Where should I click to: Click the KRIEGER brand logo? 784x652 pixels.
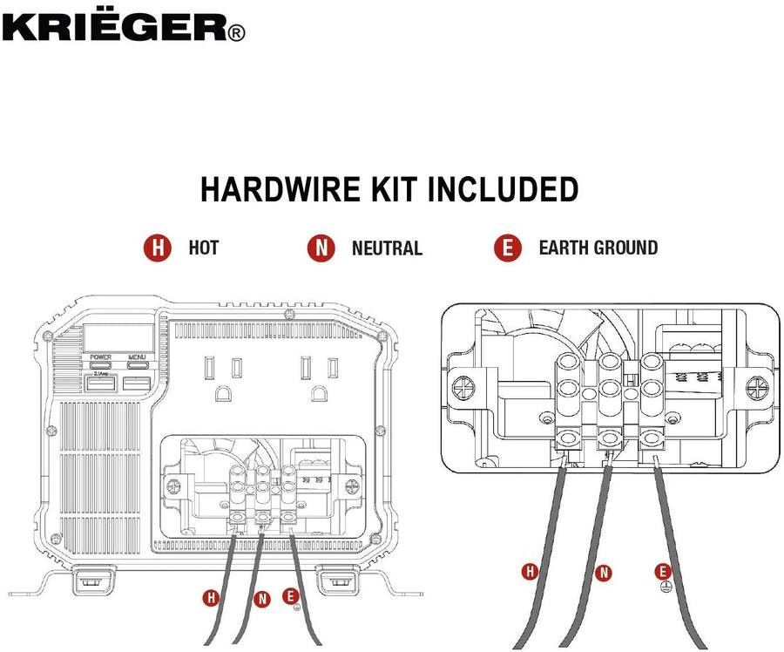coord(122,27)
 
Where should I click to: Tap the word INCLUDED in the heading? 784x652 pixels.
coord(506,190)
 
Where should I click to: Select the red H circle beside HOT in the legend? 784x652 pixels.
coord(157,248)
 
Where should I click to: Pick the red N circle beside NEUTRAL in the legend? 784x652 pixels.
coord(321,248)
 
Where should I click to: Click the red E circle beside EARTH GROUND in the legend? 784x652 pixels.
coord(507,248)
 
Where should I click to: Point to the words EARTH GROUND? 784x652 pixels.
coord(598,248)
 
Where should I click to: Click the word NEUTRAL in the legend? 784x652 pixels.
coord(387,248)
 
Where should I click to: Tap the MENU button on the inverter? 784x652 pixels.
coord(137,365)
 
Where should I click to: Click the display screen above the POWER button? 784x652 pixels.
coord(119,337)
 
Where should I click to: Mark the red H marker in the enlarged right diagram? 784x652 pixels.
coord(529,572)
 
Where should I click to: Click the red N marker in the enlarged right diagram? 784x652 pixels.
coord(603,573)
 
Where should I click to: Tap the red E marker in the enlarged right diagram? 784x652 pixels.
coord(664,571)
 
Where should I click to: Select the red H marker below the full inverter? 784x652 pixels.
coord(210,598)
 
